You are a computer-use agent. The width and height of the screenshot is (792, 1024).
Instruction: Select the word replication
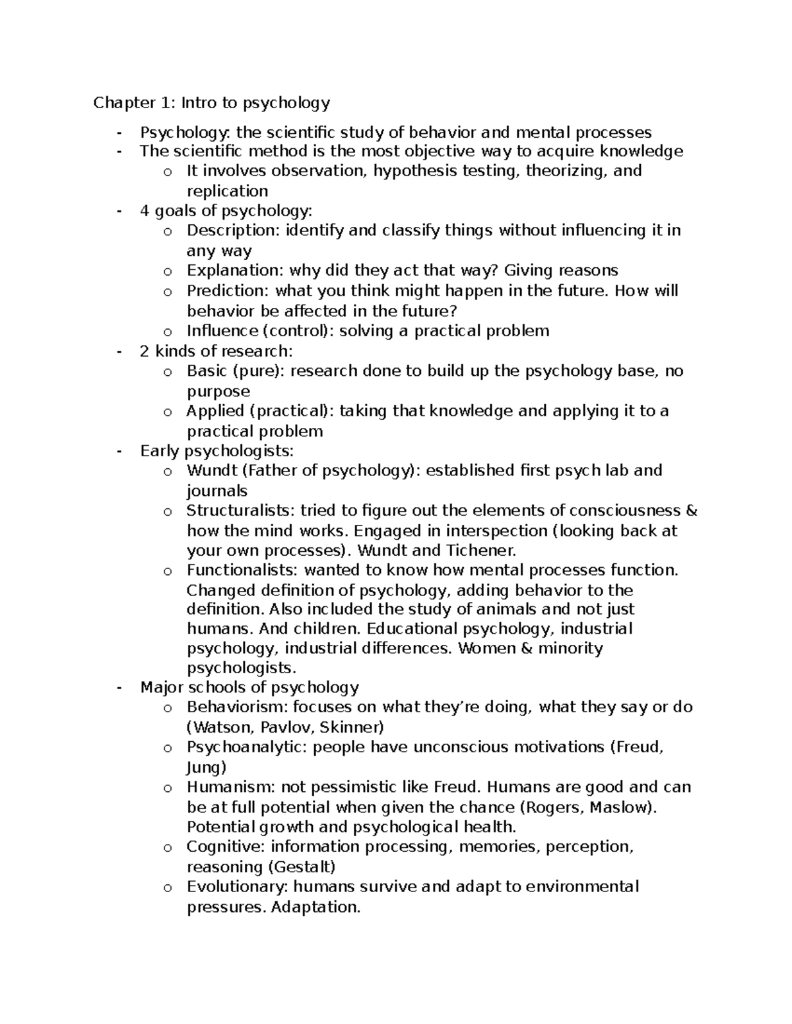pyautogui.click(x=227, y=191)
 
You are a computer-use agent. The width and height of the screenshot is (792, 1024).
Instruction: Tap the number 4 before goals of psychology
pyautogui.click(x=145, y=211)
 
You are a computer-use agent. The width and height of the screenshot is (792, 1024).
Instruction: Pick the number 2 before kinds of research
pyautogui.click(x=145, y=351)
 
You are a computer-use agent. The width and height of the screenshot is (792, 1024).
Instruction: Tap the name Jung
pyautogui.click(x=206, y=768)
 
